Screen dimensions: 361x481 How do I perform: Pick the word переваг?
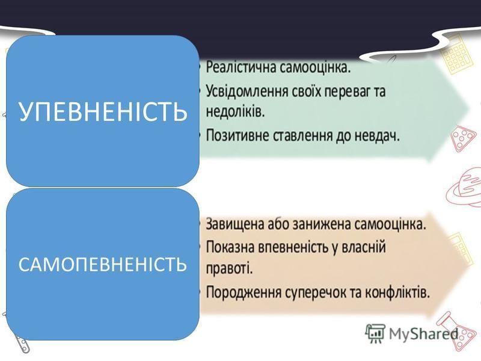point(352,92)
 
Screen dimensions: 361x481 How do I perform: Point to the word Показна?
point(231,247)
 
